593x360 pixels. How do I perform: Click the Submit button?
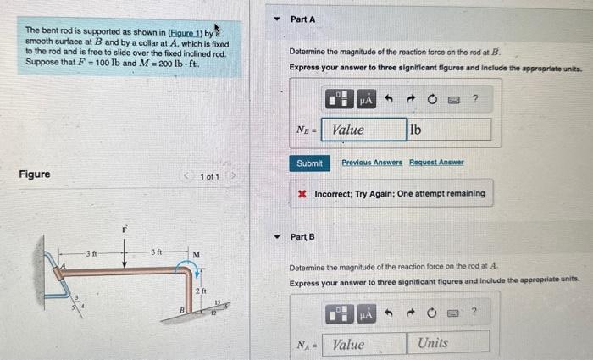pyautogui.click(x=309, y=163)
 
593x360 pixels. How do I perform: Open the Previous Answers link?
pyautogui.click(x=373, y=162)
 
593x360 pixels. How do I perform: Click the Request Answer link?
pyautogui.click(x=436, y=162)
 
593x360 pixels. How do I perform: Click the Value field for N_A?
pyautogui.click(x=365, y=344)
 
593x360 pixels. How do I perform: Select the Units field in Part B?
pyautogui.click(x=450, y=343)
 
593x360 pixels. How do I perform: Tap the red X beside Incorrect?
pyautogui.click(x=302, y=194)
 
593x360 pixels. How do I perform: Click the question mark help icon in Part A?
pyautogui.click(x=475, y=100)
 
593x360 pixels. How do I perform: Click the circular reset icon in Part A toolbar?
pyautogui.click(x=431, y=100)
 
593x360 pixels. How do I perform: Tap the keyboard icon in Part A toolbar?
pyautogui.click(x=453, y=100)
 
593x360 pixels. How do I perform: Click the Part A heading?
pyautogui.click(x=302, y=19)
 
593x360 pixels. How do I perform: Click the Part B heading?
pyautogui.click(x=302, y=236)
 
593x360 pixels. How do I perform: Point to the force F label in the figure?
pyautogui.click(x=124, y=230)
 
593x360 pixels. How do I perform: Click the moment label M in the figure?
pyautogui.click(x=196, y=253)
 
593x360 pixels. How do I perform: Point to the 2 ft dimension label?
pyautogui.click(x=200, y=291)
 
